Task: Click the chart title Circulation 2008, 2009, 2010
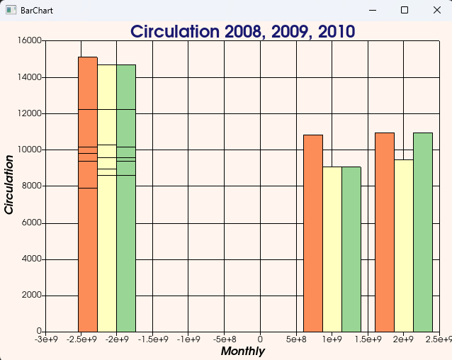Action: click(x=243, y=32)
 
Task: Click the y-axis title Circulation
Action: click(x=10, y=185)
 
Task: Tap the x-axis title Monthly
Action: click(x=243, y=351)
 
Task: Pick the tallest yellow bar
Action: click(x=107, y=198)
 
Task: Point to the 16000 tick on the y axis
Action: click(x=30, y=40)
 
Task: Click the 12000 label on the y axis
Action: click(x=30, y=113)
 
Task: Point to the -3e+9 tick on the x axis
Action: click(x=45, y=340)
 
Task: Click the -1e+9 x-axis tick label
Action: click(x=188, y=340)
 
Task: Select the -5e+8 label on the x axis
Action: click(x=224, y=340)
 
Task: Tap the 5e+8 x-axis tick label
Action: click(x=296, y=340)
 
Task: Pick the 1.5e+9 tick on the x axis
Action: click(x=368, y=340)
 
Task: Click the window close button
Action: click(x=436, y=11)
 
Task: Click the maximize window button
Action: click(x=405, y=11)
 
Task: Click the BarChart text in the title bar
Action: click(x=37, y=11)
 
